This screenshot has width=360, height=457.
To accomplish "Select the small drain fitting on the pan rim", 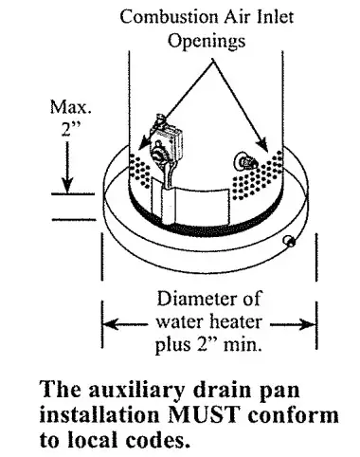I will pyautogui.click(x=290, y=243).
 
